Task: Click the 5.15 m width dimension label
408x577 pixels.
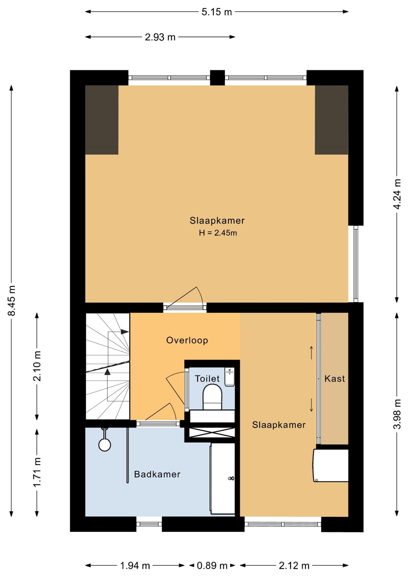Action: [x=216, y=12]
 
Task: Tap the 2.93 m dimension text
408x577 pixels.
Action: [x=160, y=37]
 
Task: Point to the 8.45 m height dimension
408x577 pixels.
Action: [x=12, y=301]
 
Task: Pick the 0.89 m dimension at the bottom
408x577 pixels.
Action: [x=212, y=566]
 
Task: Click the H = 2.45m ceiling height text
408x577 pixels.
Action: [x=218, y=233]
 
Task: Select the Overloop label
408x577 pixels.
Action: [x=187, y=340]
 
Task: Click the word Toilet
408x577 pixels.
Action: [x=207, y=379]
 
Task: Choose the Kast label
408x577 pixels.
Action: [x=335, y=378]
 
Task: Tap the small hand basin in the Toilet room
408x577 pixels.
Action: [x=230, y=377]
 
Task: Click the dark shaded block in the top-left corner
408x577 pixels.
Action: [x=102, y=120]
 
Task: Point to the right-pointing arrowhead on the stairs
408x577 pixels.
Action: [x=125, y=332]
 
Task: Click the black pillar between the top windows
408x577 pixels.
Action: [x=218, y=78]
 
